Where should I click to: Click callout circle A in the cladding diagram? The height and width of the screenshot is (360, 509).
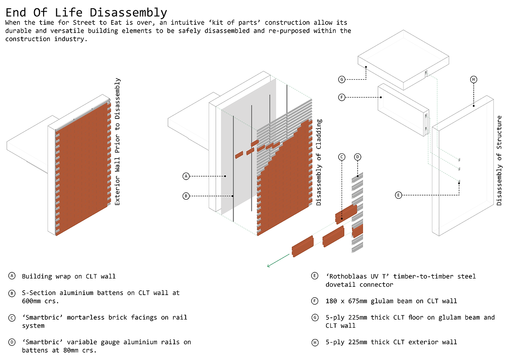coord(186,176)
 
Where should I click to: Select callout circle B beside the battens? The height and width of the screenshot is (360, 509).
coord(186,196)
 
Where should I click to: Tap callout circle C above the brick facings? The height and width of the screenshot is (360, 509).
coord(342,157)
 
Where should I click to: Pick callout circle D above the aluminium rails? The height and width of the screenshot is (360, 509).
coord(357,157)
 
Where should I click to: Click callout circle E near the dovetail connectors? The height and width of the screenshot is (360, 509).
coord(398,195)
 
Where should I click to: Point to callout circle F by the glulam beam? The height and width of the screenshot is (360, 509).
coord(342,97)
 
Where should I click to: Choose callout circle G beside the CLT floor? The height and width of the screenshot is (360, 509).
coord(342,79)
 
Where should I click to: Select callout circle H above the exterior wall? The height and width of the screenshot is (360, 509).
coord(474,79)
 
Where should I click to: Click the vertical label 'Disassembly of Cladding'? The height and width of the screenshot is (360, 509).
coord(319,162)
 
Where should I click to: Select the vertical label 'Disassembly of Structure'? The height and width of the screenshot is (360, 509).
coord(499,160)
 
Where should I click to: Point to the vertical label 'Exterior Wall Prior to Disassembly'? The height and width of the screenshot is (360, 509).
coord(117,142)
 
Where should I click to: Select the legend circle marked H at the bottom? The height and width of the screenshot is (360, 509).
coord(314,342)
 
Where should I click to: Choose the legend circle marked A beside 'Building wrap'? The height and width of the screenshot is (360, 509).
coord(11,276)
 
